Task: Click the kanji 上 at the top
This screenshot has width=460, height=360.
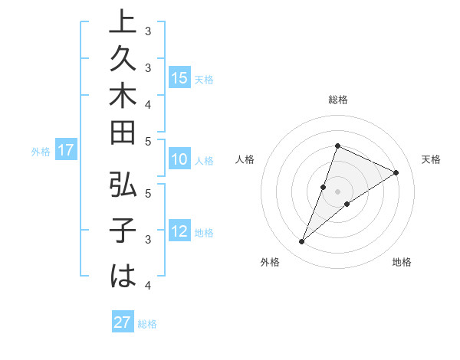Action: point(123,24)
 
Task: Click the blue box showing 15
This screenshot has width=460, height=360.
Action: point(179,78)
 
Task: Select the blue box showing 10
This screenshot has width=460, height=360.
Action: point(179,160)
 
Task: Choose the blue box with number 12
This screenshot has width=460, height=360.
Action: point(179,232)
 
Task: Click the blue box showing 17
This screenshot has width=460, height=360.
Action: point(65,151)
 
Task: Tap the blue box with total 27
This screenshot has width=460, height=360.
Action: point(123,322)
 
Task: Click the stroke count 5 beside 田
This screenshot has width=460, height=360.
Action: point(148,141)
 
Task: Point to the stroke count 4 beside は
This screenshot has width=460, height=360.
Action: point(148,285)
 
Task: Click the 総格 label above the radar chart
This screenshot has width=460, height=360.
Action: point(337,100)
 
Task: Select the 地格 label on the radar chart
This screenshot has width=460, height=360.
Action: point(402,263)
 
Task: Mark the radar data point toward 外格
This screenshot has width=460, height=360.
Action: point(301,242)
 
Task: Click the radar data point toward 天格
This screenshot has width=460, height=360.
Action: point(396,173)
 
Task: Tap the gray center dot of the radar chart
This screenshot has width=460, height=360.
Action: point(337,191)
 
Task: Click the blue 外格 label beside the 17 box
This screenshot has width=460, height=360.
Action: point(41,152)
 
